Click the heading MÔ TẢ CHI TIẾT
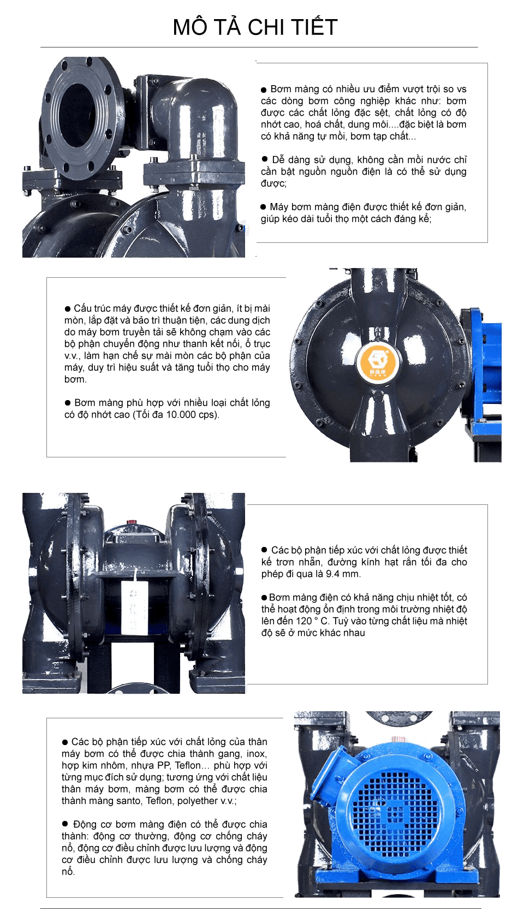tap(255, 27)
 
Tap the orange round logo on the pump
tap(375, 361)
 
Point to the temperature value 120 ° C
tap(313, 621)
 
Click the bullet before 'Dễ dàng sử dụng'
tap(265, 159)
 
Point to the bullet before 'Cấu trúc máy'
tap(68, 309)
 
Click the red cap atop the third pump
tap(132, 522)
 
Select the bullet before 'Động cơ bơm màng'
tap(65, 824)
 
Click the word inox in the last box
tap(256, 754)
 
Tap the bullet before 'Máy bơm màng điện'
tap(264, 207)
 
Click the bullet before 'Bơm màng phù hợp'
tap(68, 403)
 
